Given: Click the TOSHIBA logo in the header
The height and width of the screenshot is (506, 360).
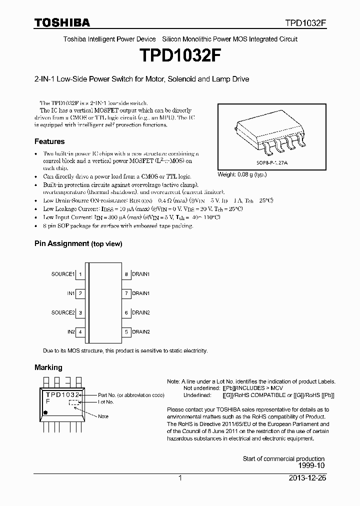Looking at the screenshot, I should [x=62, y=22].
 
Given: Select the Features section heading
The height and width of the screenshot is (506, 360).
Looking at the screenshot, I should [x=49, y=141].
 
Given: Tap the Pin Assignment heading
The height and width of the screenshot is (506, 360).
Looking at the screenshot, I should [x=78, y=243].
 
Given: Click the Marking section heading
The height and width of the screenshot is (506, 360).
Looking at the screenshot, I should [x=48, y=367].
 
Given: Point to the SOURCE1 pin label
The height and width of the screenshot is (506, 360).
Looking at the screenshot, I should [x=62, y=274].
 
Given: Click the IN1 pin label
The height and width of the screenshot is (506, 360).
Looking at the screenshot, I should [x=70, y=293].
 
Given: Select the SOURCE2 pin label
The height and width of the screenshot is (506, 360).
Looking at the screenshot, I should [x=62, y=312].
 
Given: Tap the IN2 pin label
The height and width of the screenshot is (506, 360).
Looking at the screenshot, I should [x=70, y=331].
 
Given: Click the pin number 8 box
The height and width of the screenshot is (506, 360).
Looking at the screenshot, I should [x=126, y=274].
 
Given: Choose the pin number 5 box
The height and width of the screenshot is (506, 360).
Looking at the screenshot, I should [x=126, y=331].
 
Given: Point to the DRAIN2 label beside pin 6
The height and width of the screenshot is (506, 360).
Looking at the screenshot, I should [x=140, y=312].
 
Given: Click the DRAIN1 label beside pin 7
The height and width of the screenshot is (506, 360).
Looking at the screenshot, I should [x=140, y=293].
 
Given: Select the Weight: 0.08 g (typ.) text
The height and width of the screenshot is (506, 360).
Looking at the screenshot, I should [x=242, y=175].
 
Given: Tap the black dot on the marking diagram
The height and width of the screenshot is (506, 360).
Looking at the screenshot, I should [x=45, y=412].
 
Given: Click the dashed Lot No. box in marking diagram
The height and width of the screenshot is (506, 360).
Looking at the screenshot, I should [x=73, y=401].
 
